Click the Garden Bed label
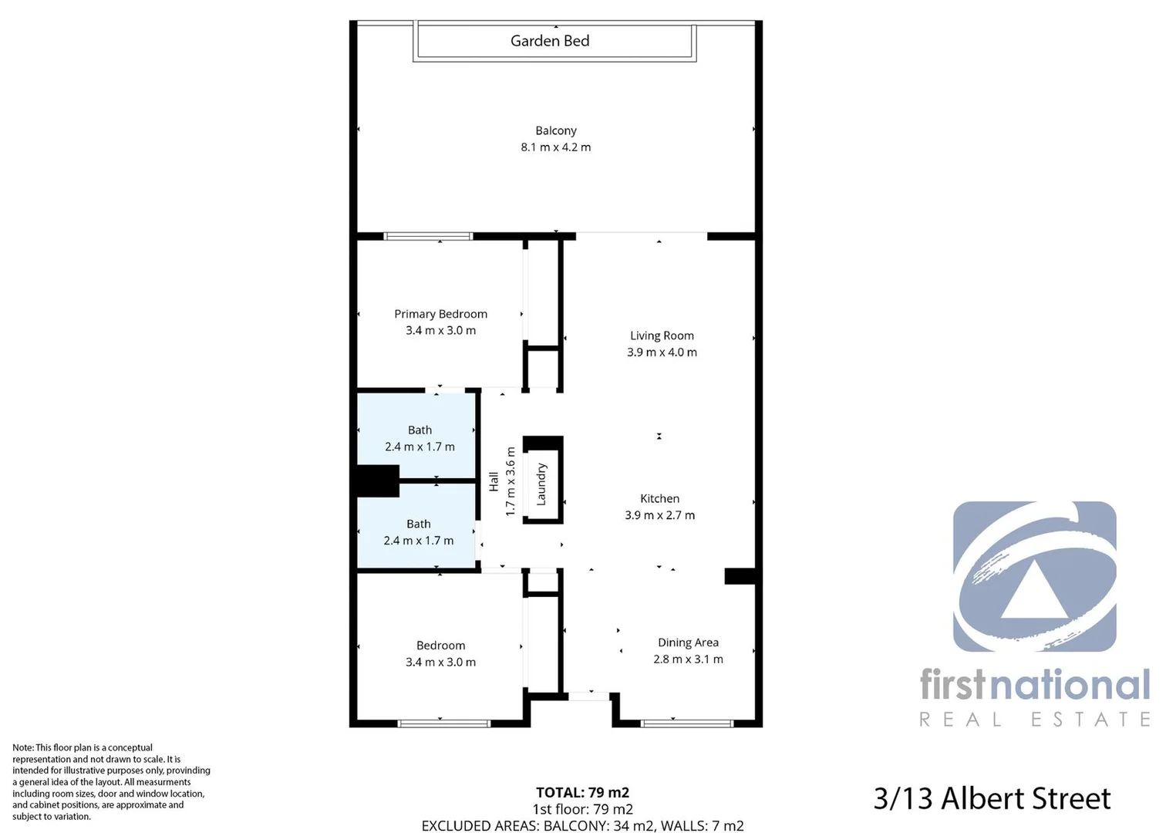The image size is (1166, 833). [x=550, y=41]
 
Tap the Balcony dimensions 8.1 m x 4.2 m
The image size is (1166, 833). [x=555, y=147]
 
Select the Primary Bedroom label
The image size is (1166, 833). [x=440, y=314]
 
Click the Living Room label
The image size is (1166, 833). [x=662, y=336]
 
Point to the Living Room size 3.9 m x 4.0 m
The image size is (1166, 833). [x=662, y=352]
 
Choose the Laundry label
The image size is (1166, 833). [x=541, y=484]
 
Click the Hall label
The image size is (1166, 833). [x=494, y=482]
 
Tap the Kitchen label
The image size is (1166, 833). [x=659, y=499]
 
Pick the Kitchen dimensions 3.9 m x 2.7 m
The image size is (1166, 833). [x=659, y=515]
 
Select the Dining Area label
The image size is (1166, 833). [x=688, y=642]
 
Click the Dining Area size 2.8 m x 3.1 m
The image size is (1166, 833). [x=688, y=659]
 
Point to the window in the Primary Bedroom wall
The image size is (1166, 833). [x=428, y=236]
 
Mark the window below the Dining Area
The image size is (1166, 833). [x=686, y=723]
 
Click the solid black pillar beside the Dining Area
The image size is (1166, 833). [x=740, y=576]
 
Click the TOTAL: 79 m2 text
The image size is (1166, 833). [x=582, y=792]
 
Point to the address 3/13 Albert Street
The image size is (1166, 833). [x=992, y=798]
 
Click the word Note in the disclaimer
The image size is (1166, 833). [x=22, y=747]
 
